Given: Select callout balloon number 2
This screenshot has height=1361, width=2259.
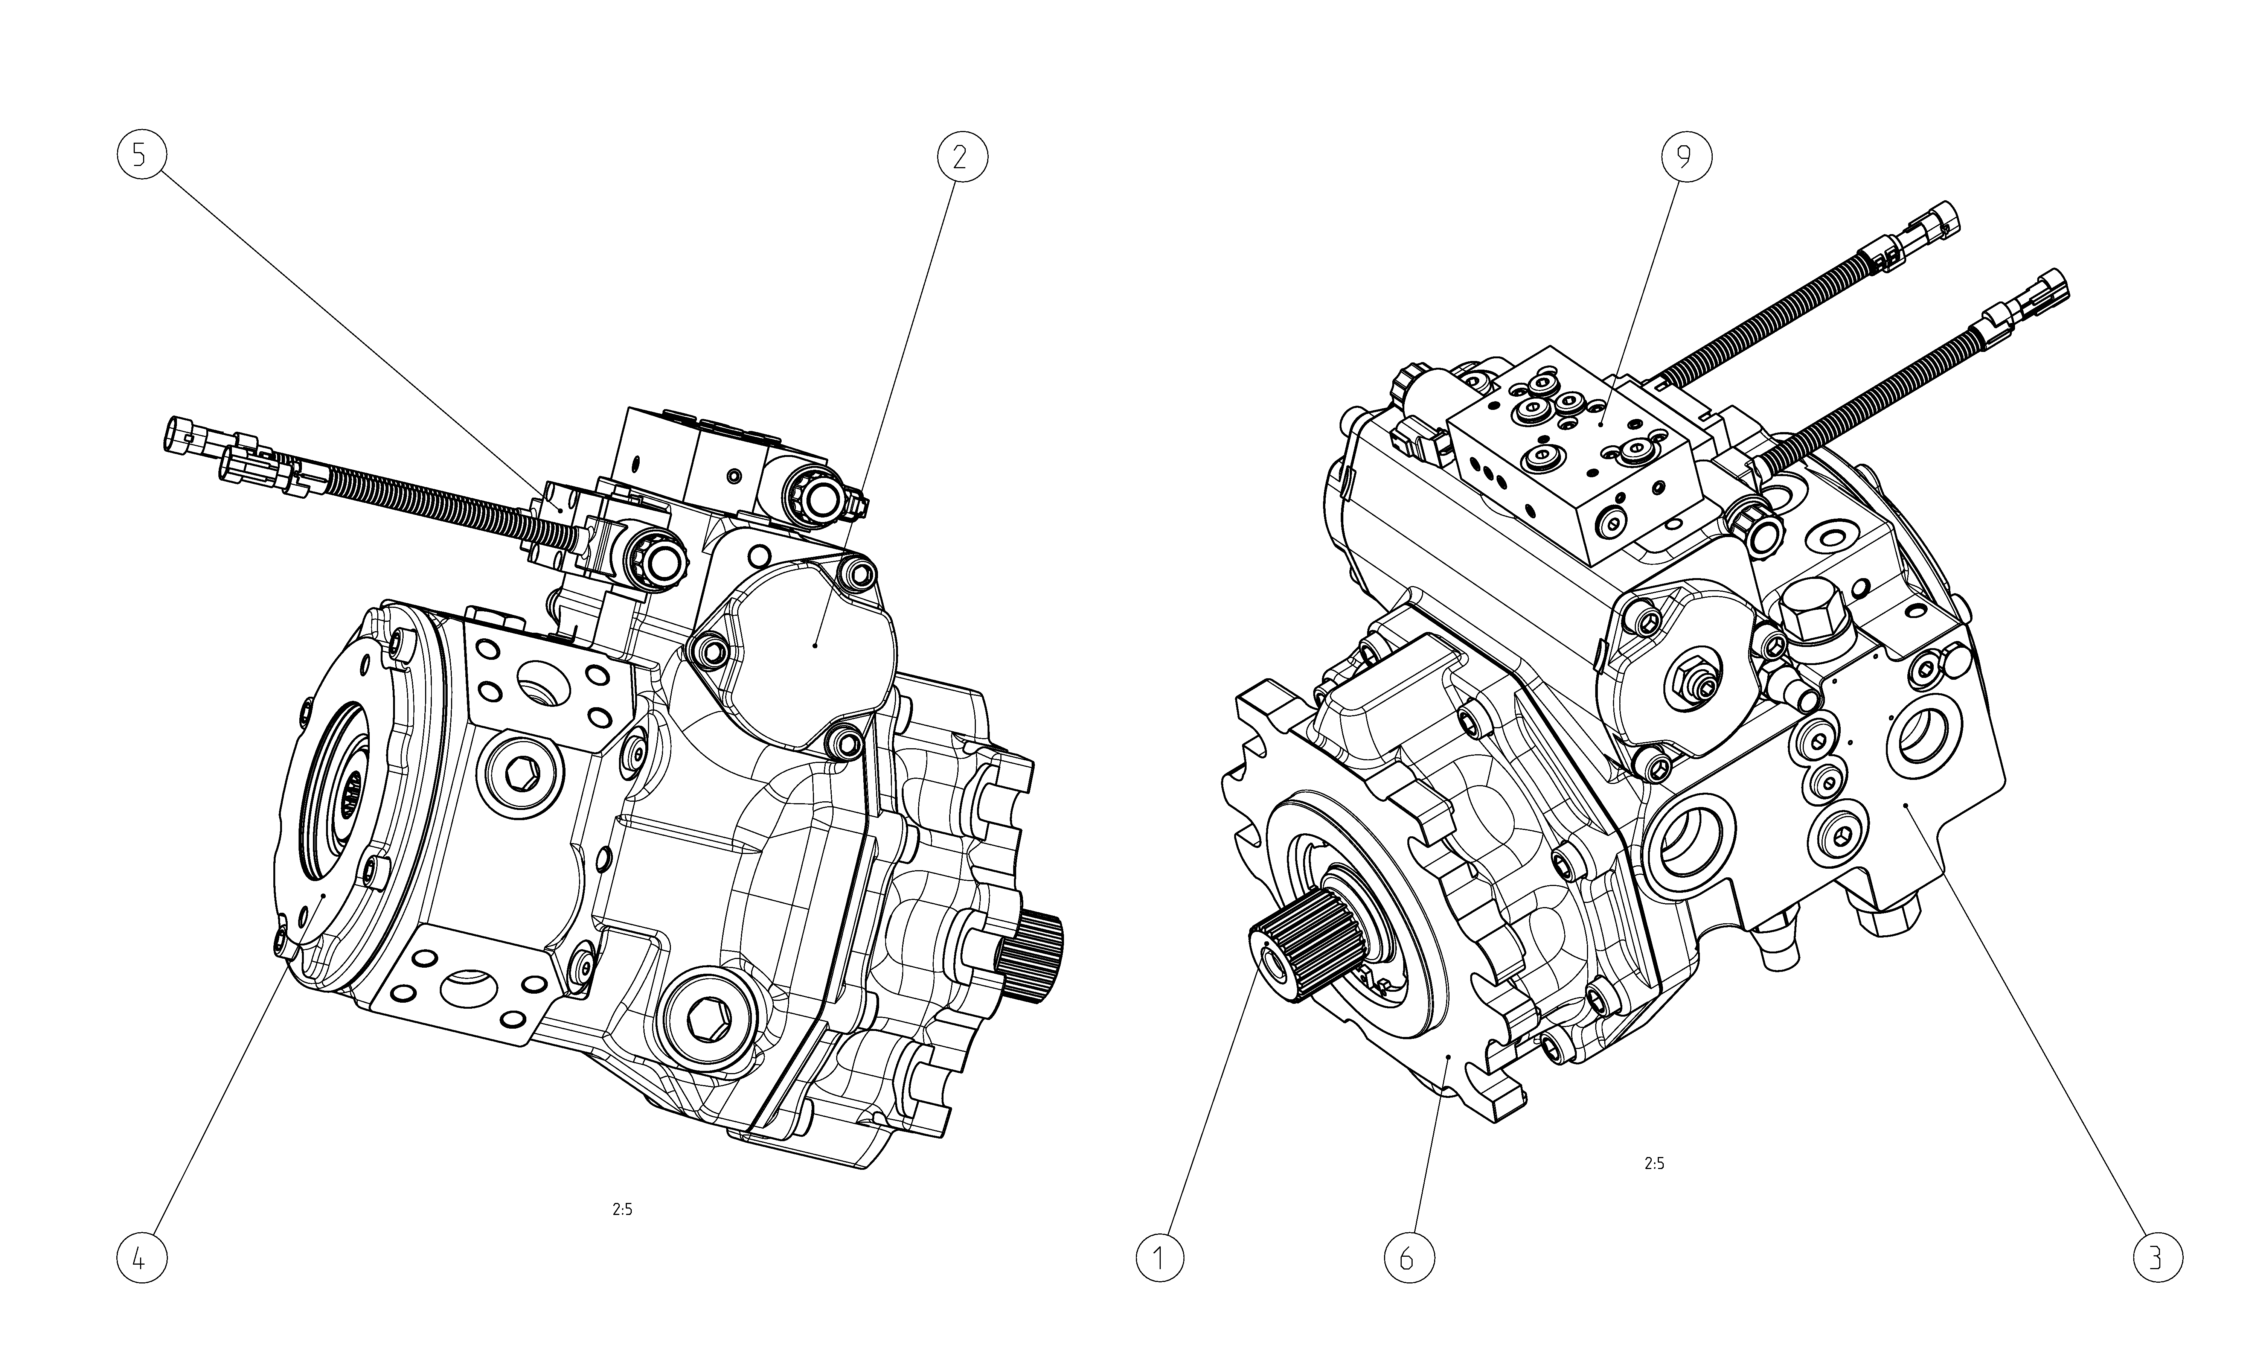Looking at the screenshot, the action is click(x=962, y=158).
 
